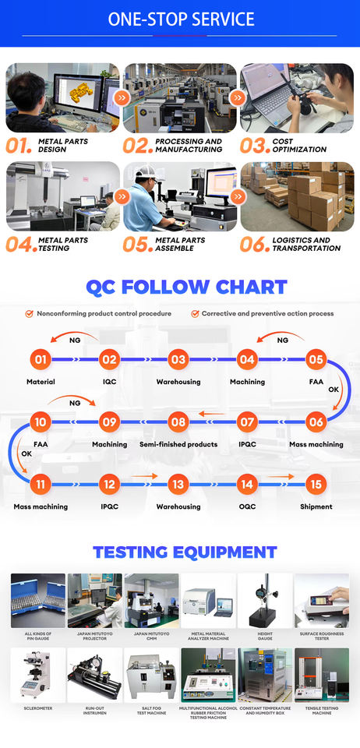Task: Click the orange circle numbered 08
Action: [x=178, y=422]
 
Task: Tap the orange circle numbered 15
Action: [x=316, y=485]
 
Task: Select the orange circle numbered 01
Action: [x=41, y=359]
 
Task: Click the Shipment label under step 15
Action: [x=316, y=506]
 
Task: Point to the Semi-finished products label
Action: [x=178, y=444]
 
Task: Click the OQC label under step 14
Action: [x=247, y=506]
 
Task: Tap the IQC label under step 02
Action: [x=109, y=382]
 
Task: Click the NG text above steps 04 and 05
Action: [x=283, y=340]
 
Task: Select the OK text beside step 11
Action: [x=26, y=453]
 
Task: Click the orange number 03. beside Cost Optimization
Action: [x=254, y=146]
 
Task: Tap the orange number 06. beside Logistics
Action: [x=255, y=244]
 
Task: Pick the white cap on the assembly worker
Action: [x=146, y=171]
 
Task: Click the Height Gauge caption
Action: [x=265, y=636]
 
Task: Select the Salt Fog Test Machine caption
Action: [x=151, y=711]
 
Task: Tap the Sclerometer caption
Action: [x=37, y=708]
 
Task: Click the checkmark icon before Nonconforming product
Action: [x=29, y=314]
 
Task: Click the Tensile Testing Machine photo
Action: [x=321, y=675]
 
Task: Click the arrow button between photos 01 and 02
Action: [x=121, y=98]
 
